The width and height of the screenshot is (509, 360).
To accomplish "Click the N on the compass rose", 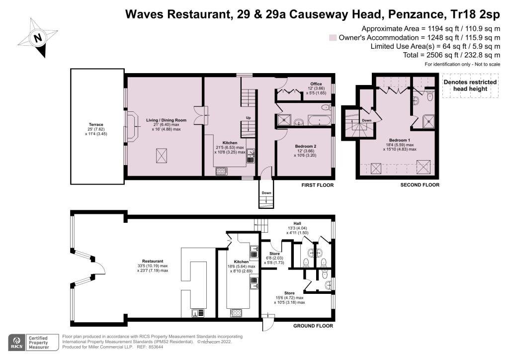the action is coord(38,38).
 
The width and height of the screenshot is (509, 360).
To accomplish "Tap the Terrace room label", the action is coord(96,125).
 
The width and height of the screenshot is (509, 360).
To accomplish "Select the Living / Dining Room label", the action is coord(166,120).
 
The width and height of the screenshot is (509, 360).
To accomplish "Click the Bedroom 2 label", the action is coord(306,146).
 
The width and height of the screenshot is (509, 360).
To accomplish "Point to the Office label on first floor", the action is coord(316,84).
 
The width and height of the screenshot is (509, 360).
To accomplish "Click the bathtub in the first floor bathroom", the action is coord(320,120).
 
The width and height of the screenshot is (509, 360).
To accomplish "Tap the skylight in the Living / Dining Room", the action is coord(162,156).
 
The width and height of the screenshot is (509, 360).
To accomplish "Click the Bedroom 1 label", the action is coord(400,140).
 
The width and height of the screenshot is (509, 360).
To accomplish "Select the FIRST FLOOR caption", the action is coord(318,185).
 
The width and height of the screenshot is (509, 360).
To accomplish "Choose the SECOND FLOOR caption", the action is coord(420,184).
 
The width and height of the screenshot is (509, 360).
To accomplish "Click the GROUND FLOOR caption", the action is coord(313,326).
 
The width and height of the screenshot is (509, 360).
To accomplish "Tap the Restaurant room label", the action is coord(153,261).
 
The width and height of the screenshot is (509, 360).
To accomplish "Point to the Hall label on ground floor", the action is coord(297,223).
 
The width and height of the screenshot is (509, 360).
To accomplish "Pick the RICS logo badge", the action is coord(16,343).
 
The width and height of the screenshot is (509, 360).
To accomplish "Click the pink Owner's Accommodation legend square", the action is coord(333,38).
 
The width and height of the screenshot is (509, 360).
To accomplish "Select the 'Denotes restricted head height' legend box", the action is coord(470,86).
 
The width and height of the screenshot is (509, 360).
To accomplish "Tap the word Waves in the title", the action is coord(144,14).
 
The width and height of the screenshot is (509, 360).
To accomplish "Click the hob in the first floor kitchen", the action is coord(221,171).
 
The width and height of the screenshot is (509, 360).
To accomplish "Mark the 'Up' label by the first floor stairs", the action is coord(249,118).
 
